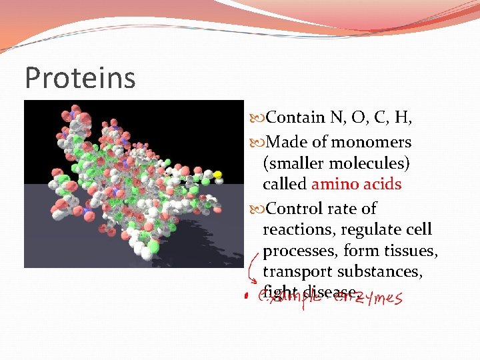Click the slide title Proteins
pos(80,77)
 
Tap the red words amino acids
pos(356,184)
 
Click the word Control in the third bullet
pos(294,209)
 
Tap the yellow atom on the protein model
pos(217,175)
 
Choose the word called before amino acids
pos(285,184)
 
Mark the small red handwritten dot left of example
pos(245,295)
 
